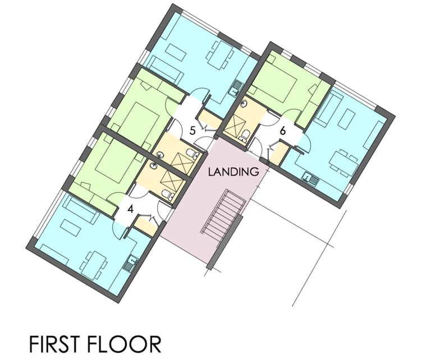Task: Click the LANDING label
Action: click(x=234, y=172)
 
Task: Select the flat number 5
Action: click(x=192, y=131)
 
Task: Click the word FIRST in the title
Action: click(x=58, y=343)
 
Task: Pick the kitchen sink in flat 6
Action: click(x=309, y=179)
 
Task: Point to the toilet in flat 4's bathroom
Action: click(x=167, y=195)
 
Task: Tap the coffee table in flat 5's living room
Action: click(x=175, y=52)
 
